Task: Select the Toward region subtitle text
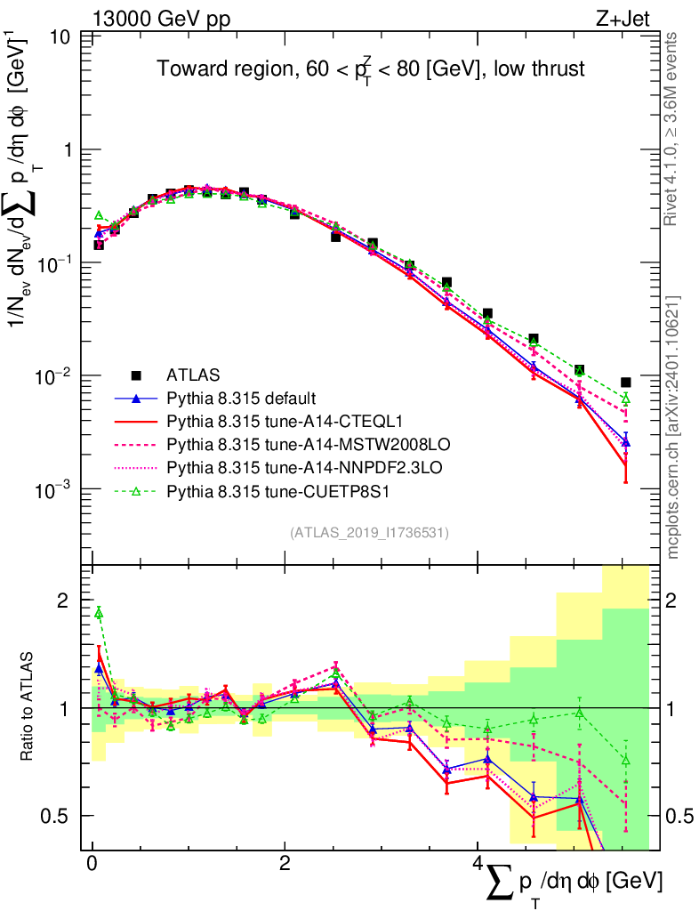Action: tap(371, 69)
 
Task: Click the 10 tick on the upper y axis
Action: tap(62, 37)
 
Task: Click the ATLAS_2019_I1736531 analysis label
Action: tap(369, 533)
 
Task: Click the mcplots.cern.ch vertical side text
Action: tap(673, 427)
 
